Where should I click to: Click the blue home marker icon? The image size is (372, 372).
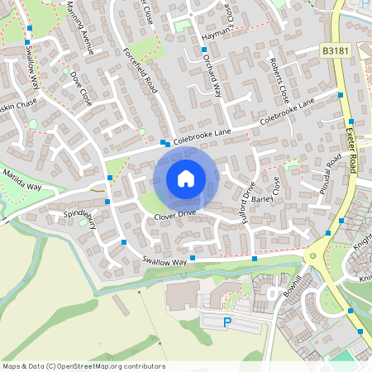(x=186, y=178)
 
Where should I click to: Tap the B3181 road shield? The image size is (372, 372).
(x=335, y=51)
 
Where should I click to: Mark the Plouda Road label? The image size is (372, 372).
(x=327, y=174)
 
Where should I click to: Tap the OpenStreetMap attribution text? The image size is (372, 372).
(x=83, y=366)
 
